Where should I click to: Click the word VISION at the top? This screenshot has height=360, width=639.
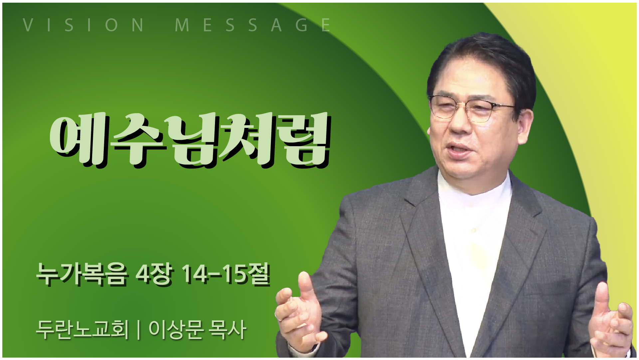click(x=83, y=25)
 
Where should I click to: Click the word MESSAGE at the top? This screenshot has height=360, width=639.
click(x=253, y=25)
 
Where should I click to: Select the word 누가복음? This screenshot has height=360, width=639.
click(x=82, y=275)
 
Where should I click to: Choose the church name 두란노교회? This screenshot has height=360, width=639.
click(x=82, y=330)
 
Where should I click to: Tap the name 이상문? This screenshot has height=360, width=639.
click(x=176, y=330)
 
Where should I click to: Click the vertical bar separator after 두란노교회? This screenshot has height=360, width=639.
click(x=138, y=330)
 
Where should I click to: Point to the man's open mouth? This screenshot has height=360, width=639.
click(x=459, y=149)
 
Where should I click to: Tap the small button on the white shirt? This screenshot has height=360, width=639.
click(x=473, y=230)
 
